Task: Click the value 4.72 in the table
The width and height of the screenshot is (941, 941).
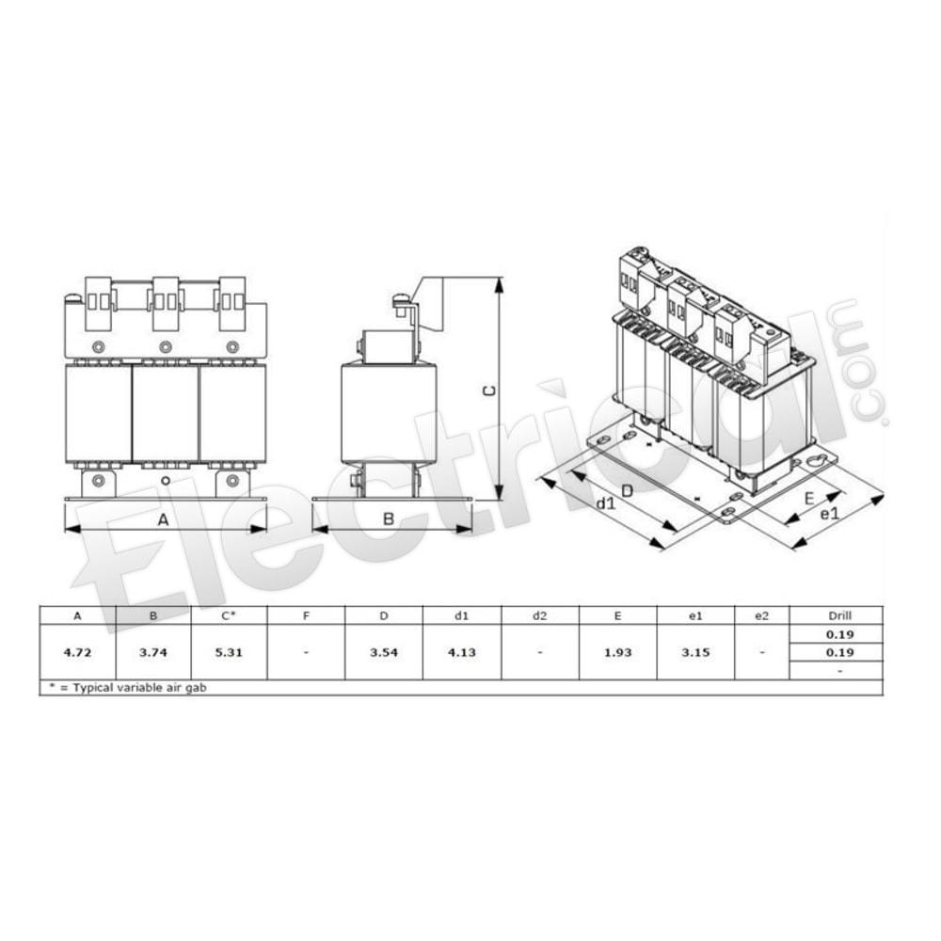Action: [77, 652]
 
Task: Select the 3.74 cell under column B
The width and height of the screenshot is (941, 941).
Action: [153, 652]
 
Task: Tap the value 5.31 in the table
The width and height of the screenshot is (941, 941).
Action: [229, 652]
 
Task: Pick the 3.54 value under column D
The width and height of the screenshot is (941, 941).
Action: [384, 652]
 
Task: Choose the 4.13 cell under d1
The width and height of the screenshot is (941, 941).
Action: [461, 652]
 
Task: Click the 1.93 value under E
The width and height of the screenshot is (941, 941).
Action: [617, 652]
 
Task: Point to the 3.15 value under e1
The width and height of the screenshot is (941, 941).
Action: [695, 652]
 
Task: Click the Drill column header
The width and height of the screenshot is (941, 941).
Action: [839, 615]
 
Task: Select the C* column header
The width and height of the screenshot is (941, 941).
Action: [229, 615]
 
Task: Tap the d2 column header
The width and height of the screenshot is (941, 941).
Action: [539, 615]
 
